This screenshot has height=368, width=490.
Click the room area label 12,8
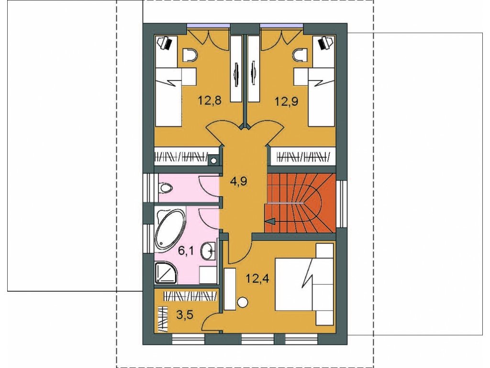210,101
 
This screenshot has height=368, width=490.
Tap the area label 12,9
286,101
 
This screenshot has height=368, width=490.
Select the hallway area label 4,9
238,181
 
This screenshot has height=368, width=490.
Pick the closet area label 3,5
185,314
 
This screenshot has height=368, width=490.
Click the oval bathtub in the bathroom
170,230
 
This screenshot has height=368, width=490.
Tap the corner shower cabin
166,273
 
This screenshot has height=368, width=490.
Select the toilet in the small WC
166,188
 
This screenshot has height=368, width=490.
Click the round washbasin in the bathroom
209,250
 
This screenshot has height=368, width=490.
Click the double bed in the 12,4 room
304,285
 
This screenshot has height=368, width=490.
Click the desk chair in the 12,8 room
190,55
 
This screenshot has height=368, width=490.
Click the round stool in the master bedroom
243,302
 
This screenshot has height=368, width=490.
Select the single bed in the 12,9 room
322,97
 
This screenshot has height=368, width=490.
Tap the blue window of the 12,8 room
209,26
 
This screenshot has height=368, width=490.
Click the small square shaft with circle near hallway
213,160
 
